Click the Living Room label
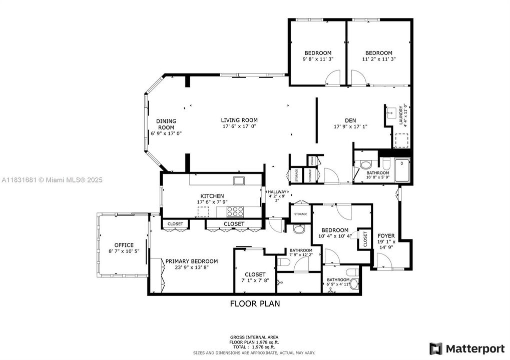[239, 120]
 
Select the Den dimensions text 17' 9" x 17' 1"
[350, 126]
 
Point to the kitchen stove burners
[234, 211]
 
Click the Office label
[124, 245]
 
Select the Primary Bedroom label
[192, 261]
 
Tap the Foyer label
[386, 235]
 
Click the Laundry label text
[401, 115]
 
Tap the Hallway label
[277, 192]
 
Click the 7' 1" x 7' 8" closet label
[255, 274]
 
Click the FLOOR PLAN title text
[255, 303]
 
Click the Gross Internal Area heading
[255, 337]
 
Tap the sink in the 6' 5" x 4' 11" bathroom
[354, 284]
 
